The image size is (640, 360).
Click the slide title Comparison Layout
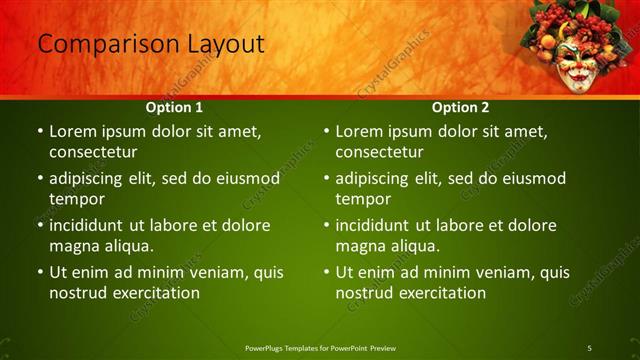151,44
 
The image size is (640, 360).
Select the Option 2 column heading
460,106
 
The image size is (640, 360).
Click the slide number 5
590,347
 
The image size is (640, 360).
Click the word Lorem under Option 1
72,131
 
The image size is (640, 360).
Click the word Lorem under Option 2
358,131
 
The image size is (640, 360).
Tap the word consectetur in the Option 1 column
93,153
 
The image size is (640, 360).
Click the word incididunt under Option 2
377,225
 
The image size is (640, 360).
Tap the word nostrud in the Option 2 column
364,293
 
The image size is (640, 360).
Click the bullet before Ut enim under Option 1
40,272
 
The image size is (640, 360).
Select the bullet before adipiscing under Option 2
326,179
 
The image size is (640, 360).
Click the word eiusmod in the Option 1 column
244,178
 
